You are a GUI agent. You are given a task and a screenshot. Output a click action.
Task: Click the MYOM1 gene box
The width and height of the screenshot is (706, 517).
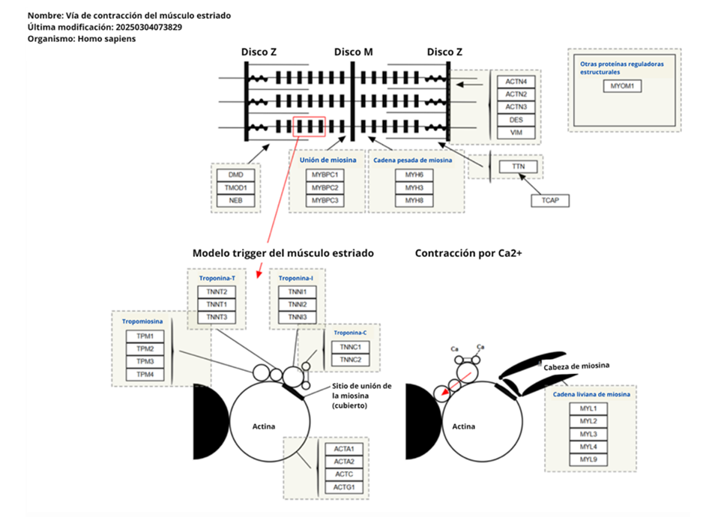[621, 86]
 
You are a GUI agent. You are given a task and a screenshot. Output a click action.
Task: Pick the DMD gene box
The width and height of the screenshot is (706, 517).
[235, 175]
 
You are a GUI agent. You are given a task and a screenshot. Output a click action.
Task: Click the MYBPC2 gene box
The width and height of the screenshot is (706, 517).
[325, 187]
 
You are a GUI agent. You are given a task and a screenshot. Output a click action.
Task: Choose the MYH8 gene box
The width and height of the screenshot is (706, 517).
[414, 201]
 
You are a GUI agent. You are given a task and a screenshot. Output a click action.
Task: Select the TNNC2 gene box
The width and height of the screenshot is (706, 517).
[350, 360]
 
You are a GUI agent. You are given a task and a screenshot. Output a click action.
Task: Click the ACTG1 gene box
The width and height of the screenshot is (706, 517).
[344, 488]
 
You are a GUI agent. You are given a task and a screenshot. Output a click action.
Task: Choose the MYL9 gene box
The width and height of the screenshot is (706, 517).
[588, 459]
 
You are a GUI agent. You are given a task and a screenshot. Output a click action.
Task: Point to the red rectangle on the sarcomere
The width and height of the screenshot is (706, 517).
[309, 127]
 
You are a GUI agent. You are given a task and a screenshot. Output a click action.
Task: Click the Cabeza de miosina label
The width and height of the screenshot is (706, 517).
[576, 365]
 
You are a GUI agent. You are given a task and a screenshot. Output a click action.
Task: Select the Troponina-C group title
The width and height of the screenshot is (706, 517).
[350, 332]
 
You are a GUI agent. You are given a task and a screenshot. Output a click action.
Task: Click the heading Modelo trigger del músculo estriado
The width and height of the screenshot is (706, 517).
[283, 253]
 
